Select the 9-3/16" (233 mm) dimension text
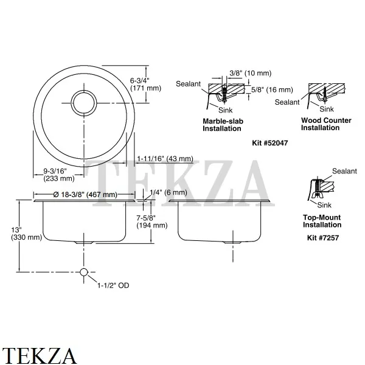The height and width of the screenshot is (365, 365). pyautogui.click(x=58, y=175)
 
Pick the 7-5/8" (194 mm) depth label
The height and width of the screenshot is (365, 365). pyautogui.click(x=152, y=221)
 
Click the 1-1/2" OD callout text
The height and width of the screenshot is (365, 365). pyautogui.click(x=114, y=285)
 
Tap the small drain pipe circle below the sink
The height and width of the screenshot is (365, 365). pyautogui.click(x=84, y=271)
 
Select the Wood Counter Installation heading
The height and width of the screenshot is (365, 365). pyautogui.click(x=326, y=124)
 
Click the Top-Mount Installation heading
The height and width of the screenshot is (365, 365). pyautogui.click(x=322, y=221)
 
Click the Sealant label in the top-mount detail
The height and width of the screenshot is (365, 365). pyautogui.click(x=344, y=172)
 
